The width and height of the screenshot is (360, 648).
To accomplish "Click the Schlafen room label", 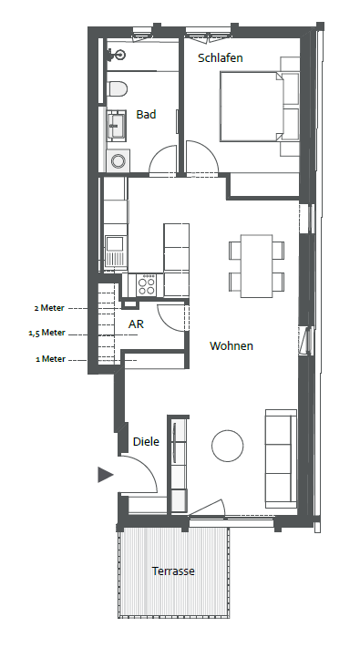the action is (x=221, y=57).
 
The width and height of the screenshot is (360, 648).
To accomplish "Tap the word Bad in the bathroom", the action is (x=146, y=114).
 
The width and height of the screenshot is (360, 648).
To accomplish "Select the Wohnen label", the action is (x=231, y=345).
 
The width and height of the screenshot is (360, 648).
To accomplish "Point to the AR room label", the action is (x=136, y=324).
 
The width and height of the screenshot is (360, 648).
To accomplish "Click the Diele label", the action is (x=146, y=441).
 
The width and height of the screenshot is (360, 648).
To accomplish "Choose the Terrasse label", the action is (x=173, y=571).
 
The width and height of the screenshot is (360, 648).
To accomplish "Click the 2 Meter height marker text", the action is (x=49, y=308).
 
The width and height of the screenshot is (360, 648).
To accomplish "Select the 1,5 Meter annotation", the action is (x=47, y=333).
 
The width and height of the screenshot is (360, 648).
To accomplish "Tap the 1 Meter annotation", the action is (x=50, y=359).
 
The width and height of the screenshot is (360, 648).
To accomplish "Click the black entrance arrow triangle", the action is (x=105, y=475).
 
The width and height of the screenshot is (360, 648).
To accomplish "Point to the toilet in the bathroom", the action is (x=117, y=88).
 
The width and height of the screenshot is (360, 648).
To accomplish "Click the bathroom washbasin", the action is (x=116, y=124).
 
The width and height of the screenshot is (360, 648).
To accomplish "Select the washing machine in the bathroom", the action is (x=119, y=160).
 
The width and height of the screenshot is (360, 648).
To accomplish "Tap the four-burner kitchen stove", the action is (x=147, y=285).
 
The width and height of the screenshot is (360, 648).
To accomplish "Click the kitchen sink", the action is (x=115, y=251).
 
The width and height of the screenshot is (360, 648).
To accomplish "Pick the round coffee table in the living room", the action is (x=227, y=446).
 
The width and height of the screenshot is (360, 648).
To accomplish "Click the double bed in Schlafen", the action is (x=252, y=107).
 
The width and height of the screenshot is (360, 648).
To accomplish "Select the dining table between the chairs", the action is (x=257, y=266).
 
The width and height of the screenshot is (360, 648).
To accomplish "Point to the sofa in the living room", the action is (x=281, y=458).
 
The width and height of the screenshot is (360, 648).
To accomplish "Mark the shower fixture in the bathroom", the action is (x=116, y=54).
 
